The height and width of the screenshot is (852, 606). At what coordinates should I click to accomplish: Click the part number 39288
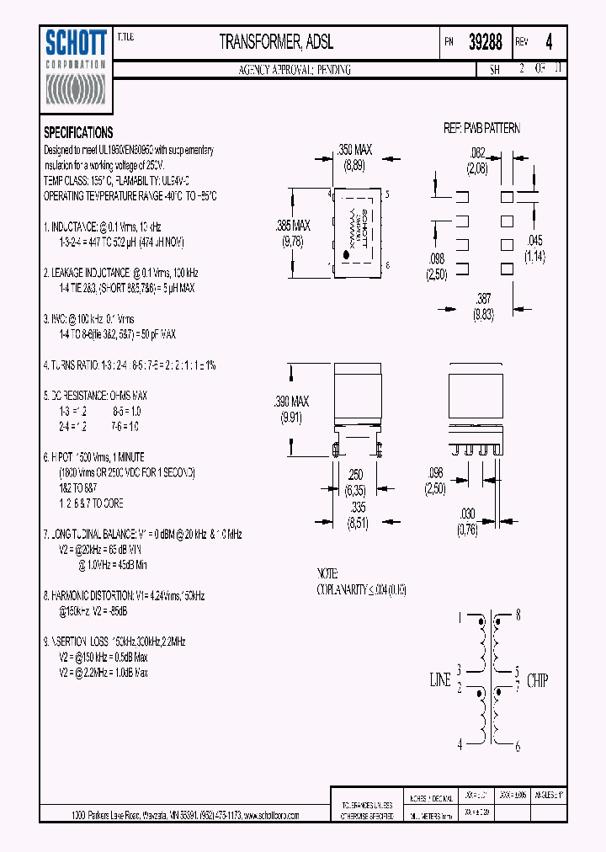(485, 42)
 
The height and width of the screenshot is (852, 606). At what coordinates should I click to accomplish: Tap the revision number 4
(550, 42)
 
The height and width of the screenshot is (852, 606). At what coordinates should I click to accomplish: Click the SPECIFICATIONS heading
(78, 132)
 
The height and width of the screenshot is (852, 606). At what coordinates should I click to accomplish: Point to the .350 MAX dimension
(354, 150)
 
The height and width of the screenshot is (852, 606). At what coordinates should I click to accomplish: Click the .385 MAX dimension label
(293, 226)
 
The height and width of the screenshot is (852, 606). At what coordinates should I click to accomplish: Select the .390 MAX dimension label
(292, 402)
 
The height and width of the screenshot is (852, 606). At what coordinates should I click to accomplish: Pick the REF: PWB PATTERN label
(482, 128)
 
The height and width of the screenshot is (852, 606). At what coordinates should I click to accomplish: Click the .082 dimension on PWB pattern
(476, 152)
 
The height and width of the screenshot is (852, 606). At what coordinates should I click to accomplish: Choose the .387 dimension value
(482, 298)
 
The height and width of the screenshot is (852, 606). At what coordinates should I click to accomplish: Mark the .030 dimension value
(467, 514)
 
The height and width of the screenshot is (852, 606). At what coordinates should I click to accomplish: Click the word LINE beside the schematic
(440, 680)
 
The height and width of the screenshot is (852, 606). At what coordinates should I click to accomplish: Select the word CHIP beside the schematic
(538, 680)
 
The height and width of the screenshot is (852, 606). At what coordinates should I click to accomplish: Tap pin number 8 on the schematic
(518, 615)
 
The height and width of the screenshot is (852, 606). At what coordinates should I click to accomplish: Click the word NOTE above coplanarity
(328, 572)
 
